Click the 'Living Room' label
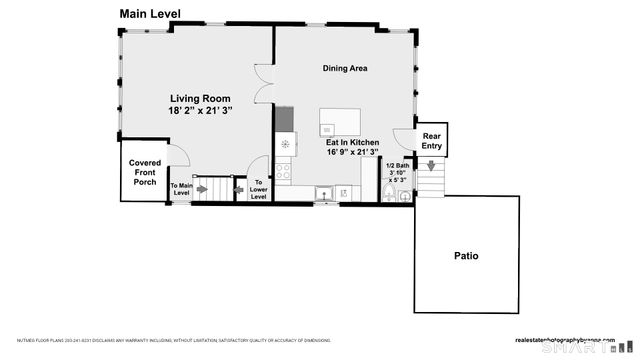pos(200,99)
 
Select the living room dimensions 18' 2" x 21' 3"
pos(200,111)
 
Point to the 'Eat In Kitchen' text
pos(353,143)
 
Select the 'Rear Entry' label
pos(432,141)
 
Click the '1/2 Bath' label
pos(398,165)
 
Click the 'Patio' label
pos(466,256)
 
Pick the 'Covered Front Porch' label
pos(145,172)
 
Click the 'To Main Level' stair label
pos(181,190)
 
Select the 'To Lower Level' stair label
pos(259,190)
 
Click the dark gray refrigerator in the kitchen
pos(285,119)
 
